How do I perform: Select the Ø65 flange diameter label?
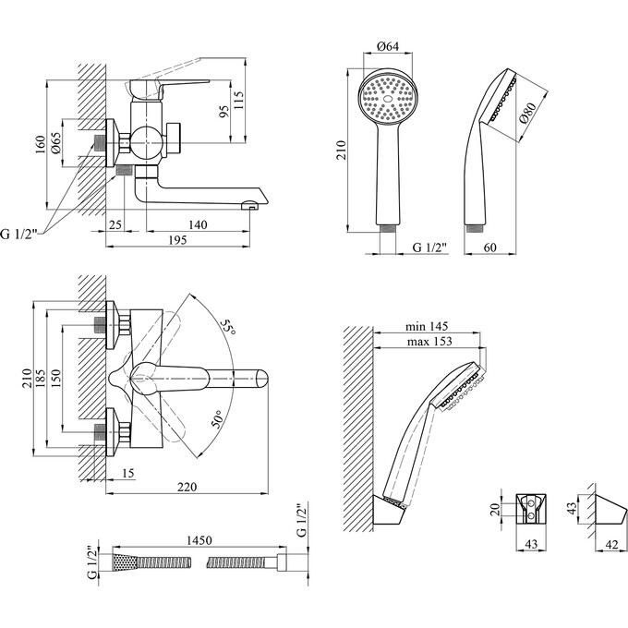point(56,143)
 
